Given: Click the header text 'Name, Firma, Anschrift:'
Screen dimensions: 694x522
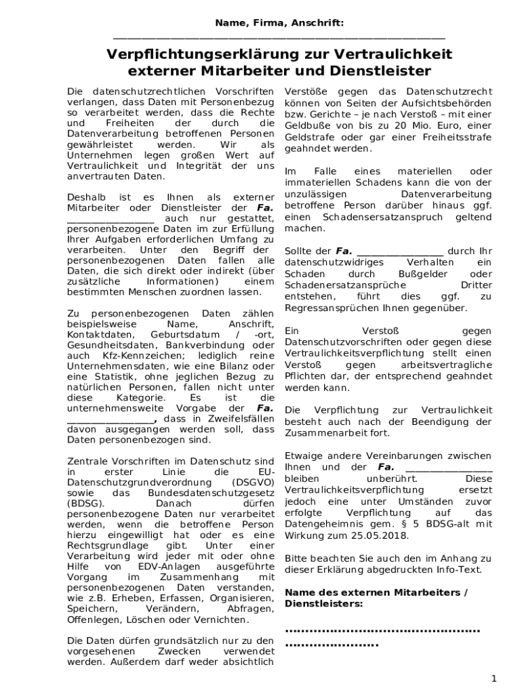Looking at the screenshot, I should [x=279, y=23].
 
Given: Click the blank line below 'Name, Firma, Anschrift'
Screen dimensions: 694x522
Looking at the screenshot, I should [x=279, y=37].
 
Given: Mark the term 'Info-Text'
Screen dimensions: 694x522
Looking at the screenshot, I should [x=457, y=569].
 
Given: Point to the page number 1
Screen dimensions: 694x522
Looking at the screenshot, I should [x=494, y=678].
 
